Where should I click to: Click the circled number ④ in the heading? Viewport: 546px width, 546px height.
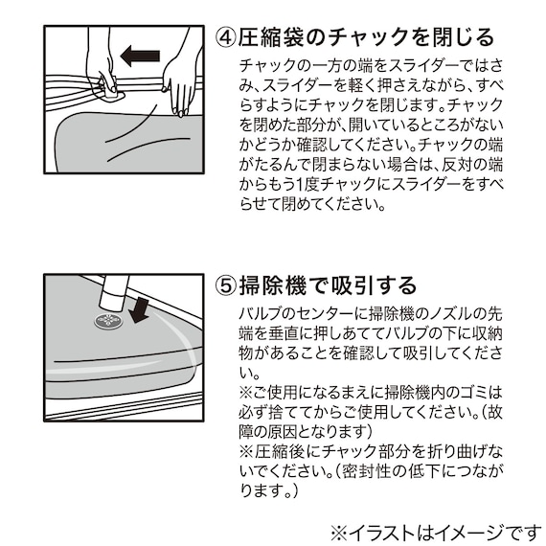(x=226, y=37)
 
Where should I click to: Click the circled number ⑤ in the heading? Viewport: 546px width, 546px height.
(x=226, y=285)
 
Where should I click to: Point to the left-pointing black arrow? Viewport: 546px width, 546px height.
(x=140, y=56)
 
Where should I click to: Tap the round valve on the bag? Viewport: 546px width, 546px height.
(x=108, y=321)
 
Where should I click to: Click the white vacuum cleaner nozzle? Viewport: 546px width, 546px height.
(x=113, y=292)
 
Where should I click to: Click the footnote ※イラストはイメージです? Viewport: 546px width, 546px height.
(x=436, y=534)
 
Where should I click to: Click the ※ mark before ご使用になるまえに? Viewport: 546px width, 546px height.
(x=246, y=393)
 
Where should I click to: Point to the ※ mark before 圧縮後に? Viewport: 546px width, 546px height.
(x=246, y=451)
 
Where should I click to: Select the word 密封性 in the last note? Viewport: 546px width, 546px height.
(x=366, y=471)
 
